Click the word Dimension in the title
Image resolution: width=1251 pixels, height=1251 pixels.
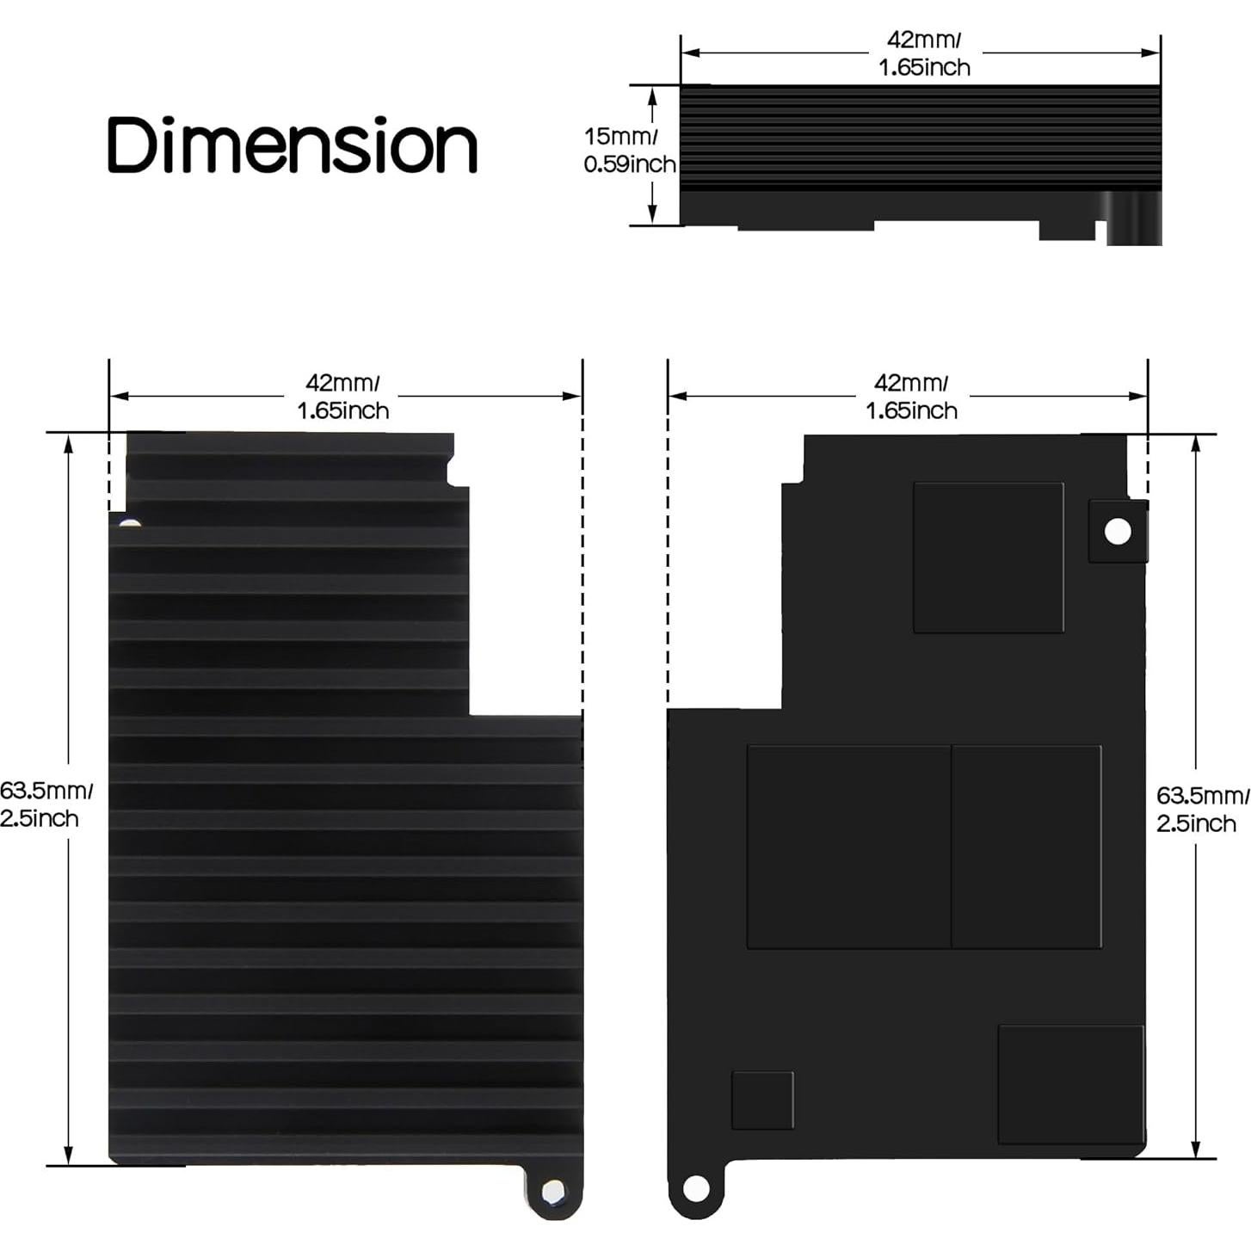point(292,145)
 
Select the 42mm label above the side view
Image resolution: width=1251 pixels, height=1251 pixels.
point(924,53)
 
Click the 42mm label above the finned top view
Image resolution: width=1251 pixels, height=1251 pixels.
point(342,397)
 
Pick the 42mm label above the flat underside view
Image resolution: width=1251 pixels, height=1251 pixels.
point(911,397)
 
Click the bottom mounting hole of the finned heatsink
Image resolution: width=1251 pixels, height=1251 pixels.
point(553,1191)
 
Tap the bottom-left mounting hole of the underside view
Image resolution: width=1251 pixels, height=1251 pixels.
point(696,1190)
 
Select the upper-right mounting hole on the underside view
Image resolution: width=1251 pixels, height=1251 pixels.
point(1118,532)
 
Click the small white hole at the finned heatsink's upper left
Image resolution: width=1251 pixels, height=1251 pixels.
point(129,522)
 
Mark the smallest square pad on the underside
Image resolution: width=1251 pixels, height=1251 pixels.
point(762,1100)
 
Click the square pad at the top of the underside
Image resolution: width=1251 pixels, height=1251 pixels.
point(988,558)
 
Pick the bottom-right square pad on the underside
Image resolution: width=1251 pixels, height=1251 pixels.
point(1070,1084)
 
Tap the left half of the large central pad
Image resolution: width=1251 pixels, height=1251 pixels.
point(848,847)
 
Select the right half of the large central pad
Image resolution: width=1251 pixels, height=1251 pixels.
point(1026,847)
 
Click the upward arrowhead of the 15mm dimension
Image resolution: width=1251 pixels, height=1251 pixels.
point(653,95)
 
